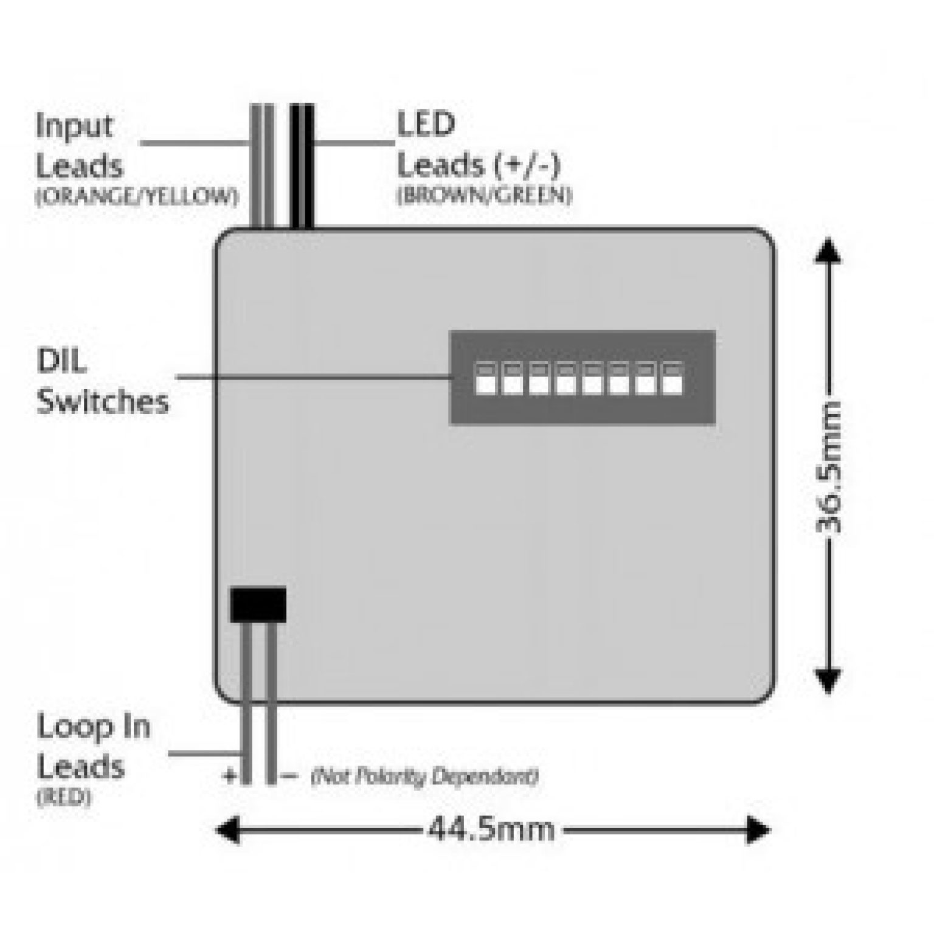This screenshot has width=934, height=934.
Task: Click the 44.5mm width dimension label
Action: coord(491,829)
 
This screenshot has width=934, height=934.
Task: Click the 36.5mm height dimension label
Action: coord(828,466)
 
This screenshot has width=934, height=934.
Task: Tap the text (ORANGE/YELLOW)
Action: coord(137,196)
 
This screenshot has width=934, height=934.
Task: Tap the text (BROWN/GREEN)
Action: coord(485,195)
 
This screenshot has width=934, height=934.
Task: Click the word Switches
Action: coord(102,402)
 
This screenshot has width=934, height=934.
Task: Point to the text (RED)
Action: coord(64,797)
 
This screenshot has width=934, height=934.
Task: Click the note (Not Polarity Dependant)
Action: coord(424,777)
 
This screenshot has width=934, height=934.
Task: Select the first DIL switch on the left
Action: coord(485,379)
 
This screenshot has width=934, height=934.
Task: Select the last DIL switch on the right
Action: coord(672,379)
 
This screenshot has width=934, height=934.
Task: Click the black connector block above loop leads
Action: coord(258,604)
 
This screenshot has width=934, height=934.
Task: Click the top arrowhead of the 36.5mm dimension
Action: coord(828,251)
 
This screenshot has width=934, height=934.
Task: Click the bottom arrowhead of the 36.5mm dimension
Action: coord(828,680)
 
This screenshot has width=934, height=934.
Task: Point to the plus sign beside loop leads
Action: coord(230,776)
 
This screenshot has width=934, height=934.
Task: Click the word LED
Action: coord(426,124)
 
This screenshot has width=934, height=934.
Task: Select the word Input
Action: coord(74,126)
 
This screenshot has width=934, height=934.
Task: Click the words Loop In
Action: coord(94,727)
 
